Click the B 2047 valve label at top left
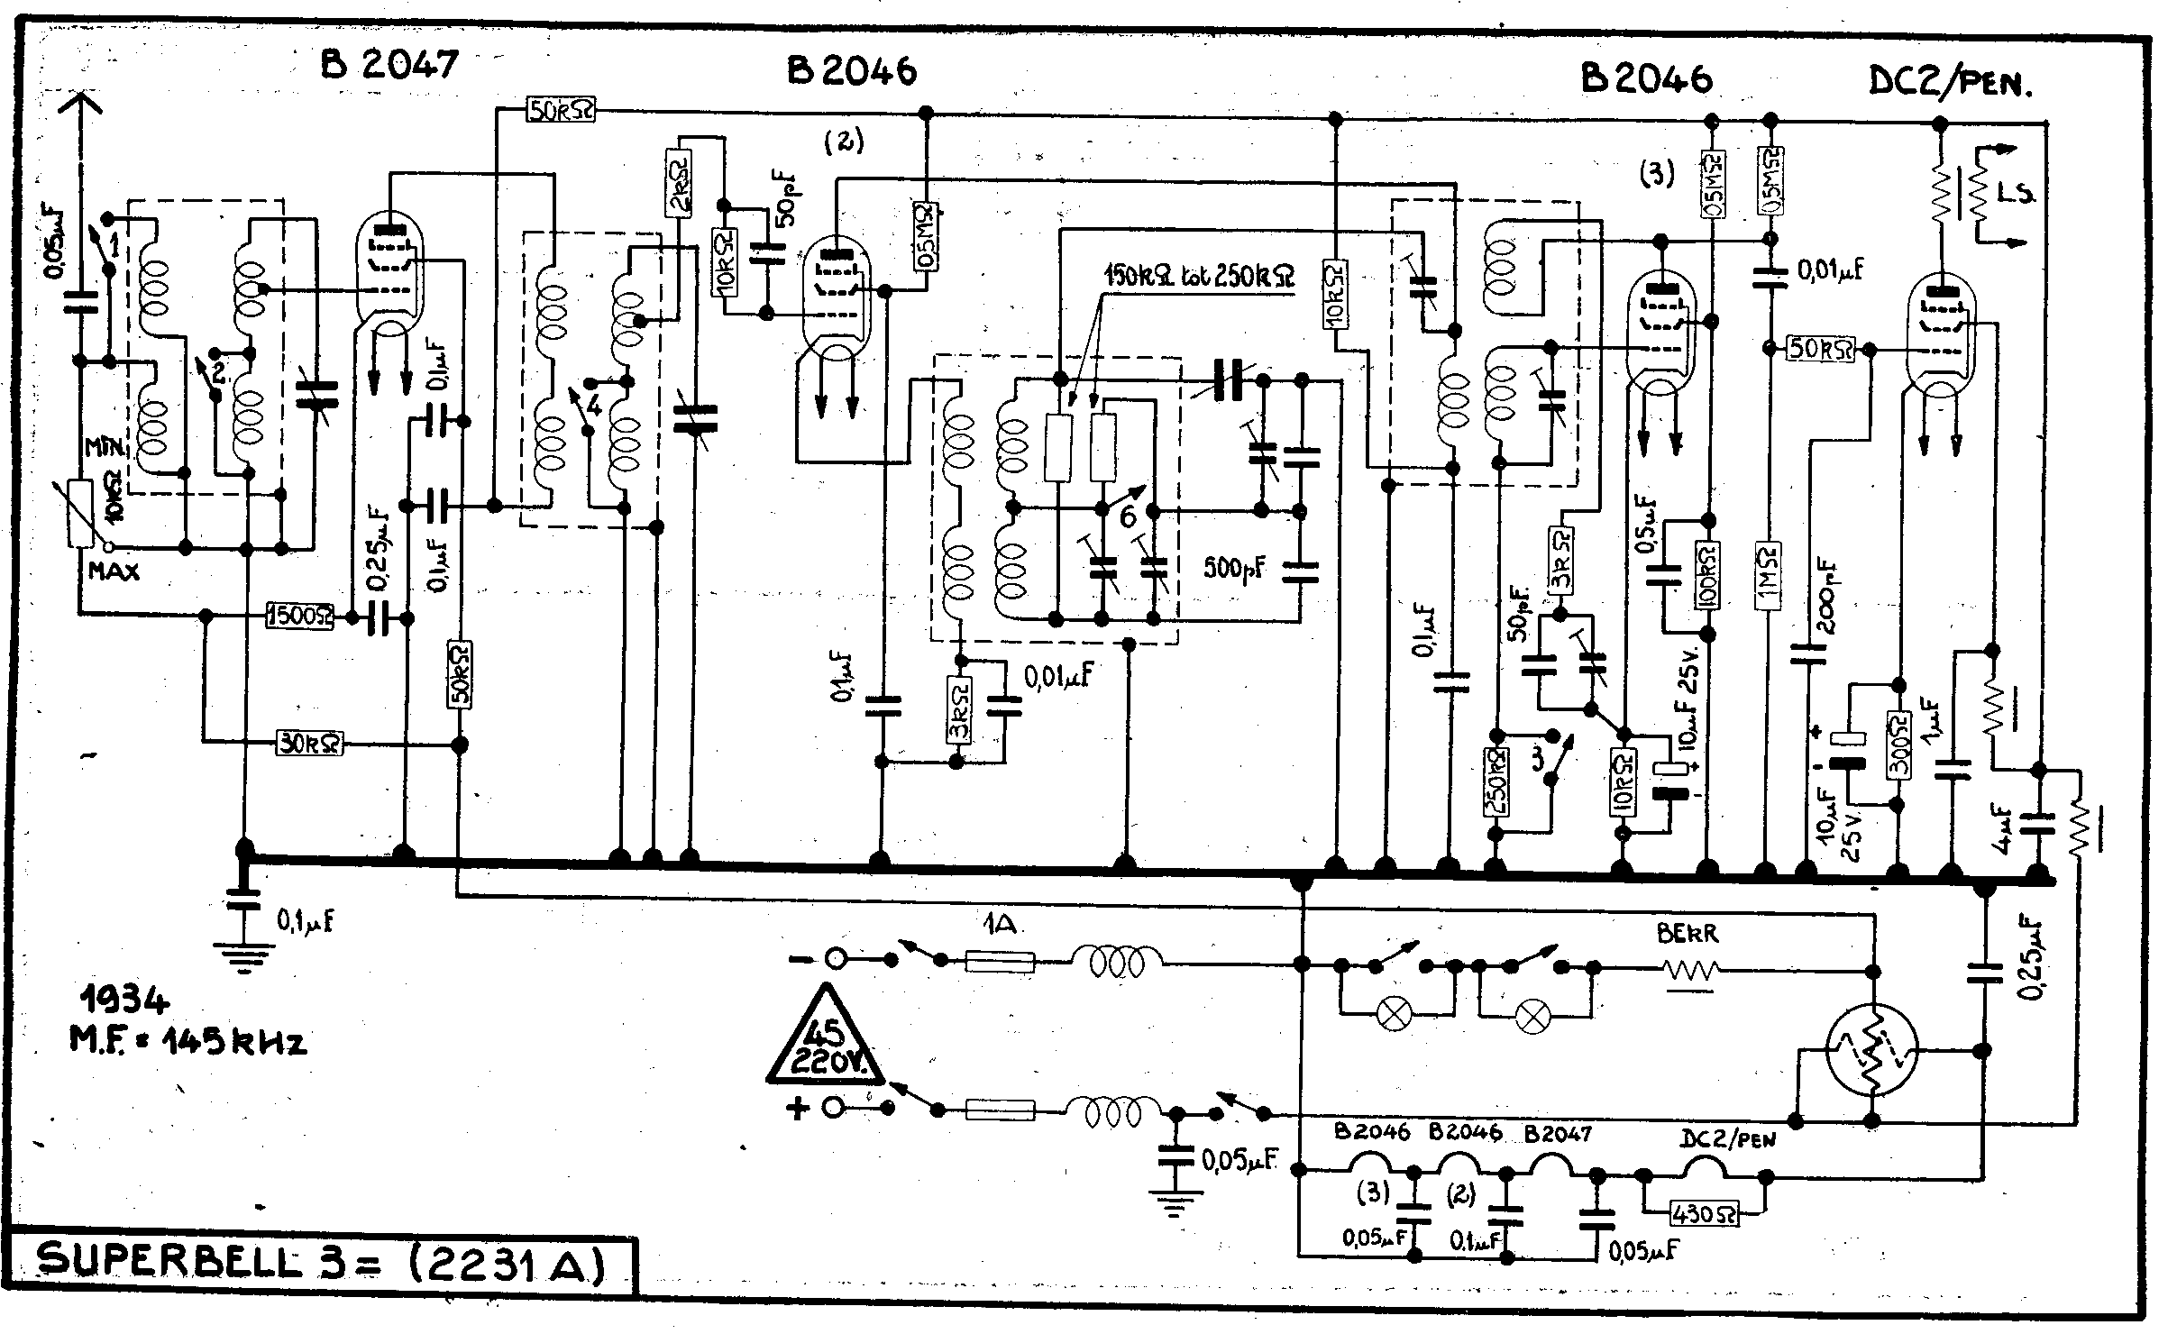pyautogui.click(x=390, y=66)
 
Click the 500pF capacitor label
pyautogui.click(x=1236, y=567)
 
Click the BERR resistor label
pyautogui.click(x=1688, y=934)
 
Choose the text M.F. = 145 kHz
pyautogui.click(x=188, y=1041)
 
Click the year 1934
pyautogui.click(x=123, y=1000)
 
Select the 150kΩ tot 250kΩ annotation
pyautogui.click(x=1200, y=277)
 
